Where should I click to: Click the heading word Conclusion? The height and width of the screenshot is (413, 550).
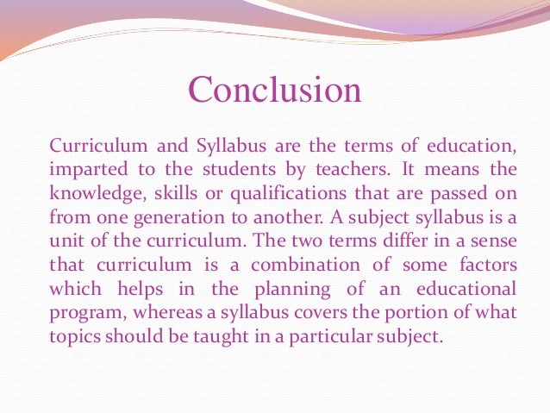click(275, 90)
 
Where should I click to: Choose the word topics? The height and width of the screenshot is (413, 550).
click(74, 335)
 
